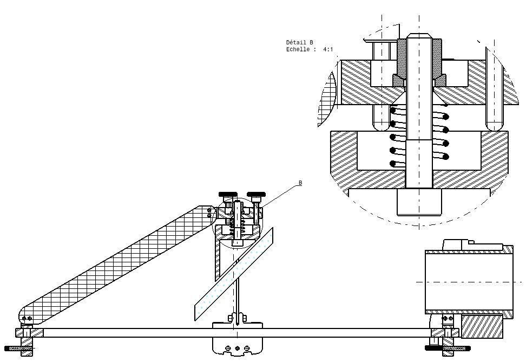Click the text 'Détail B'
click(x=299, y=42)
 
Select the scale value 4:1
click(x=328, y=49)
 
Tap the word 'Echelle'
click(x=298, y=49)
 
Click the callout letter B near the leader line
click(x=300, y=183)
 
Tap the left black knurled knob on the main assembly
click(x=228, y=194)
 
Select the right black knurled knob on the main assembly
click(x=256, y=194)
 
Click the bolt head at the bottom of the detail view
click(x=419, y=202)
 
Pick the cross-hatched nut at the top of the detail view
click(x=419, y=57)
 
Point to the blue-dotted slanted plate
click(x=234, y=274)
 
